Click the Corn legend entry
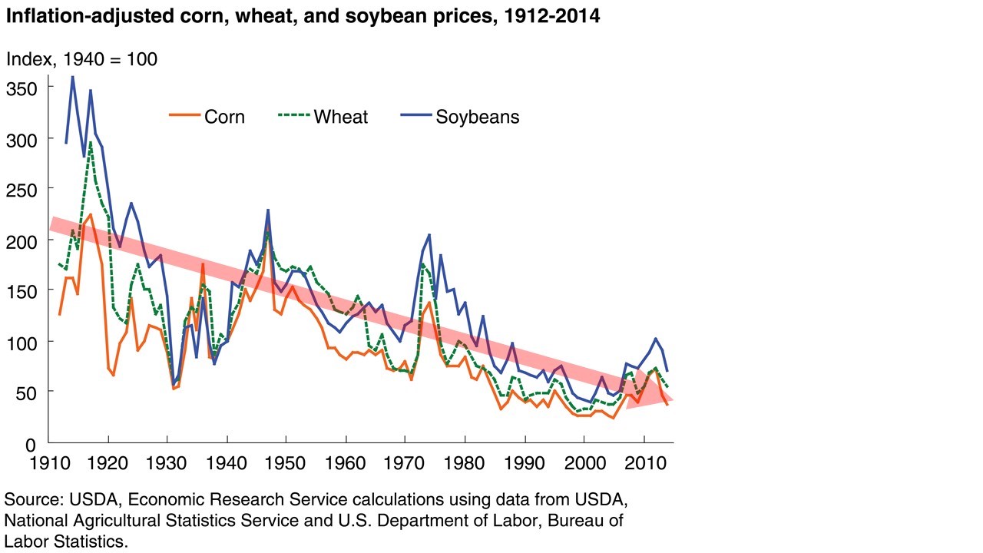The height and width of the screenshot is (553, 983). click(207, 117)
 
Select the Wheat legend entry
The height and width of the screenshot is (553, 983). click(323, 117)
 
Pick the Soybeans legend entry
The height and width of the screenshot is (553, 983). click(460, 117)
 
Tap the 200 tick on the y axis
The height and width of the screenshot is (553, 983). click(20, 240)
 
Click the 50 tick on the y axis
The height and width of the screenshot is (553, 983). click(26, 392)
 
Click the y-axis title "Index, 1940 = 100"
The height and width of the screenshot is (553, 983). click(82, 58)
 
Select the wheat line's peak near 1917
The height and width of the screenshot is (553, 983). click(91, 142)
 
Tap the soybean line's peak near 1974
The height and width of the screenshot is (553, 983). click(429, 234)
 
